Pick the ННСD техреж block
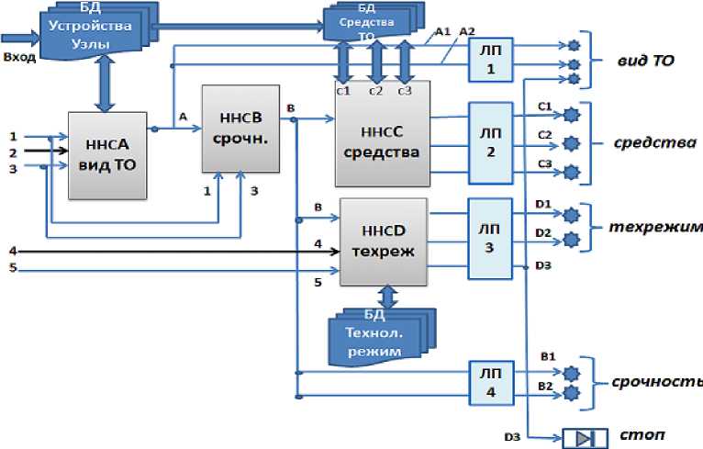(384, 241)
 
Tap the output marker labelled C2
(572, 143)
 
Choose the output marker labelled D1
(572, 215)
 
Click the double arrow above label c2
(374, 63)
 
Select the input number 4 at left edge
(12, 250)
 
